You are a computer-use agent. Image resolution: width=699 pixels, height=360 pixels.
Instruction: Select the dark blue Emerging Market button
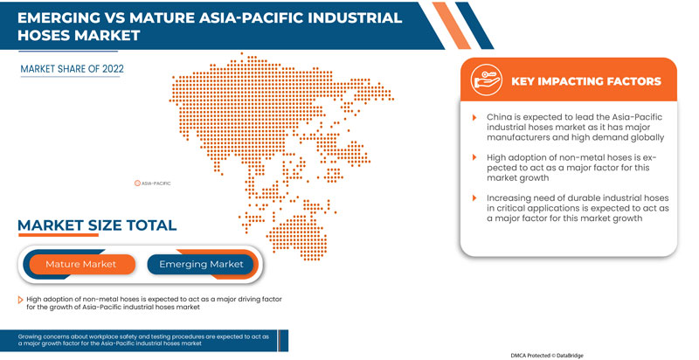(x=200, y=264)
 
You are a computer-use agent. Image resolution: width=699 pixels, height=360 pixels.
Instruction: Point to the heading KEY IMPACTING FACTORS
(x=585, y=81)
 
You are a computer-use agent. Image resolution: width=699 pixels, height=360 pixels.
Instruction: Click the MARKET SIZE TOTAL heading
(x=97, y=225)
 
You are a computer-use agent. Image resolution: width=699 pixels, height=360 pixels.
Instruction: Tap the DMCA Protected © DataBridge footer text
(x=555, y=355)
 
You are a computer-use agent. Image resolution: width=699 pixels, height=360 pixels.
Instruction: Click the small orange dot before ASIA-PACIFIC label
(x=136, y=183)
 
